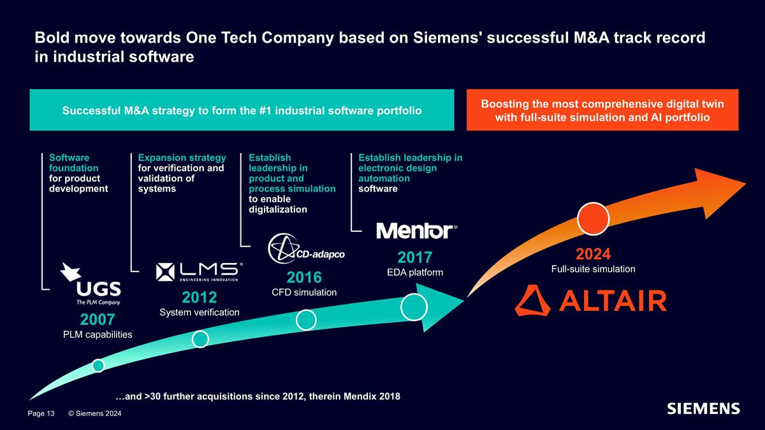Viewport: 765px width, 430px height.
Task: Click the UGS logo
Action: pos(91,283)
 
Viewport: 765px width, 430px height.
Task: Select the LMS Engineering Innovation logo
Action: pos(200,272)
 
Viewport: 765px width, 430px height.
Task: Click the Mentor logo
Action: pos(417,231)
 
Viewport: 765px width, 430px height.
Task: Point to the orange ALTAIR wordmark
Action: pos(591,301)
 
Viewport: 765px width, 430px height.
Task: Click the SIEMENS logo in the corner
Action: pos(704,408)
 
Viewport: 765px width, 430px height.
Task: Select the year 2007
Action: pos(98,320)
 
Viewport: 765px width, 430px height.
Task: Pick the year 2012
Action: pos(200,297)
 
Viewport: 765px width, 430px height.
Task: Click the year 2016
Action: pos(304,278)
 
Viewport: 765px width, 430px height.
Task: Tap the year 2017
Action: pos(415,257)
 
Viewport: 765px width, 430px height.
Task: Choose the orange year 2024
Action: pos(594,254)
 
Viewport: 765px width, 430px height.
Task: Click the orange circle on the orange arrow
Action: pos(594,219)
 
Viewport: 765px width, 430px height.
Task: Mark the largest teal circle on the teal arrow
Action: pos(414,307)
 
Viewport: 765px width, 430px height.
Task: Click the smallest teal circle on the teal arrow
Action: pos(98,366)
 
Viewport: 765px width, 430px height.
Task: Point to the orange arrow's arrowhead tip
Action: pos(746,184)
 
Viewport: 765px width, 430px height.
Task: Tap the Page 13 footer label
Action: pos(41,413)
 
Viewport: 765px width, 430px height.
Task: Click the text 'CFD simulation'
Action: pos(304,292)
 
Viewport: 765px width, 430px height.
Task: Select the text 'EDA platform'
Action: pos(415,273)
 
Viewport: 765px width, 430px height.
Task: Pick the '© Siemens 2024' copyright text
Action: pos(95,413)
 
